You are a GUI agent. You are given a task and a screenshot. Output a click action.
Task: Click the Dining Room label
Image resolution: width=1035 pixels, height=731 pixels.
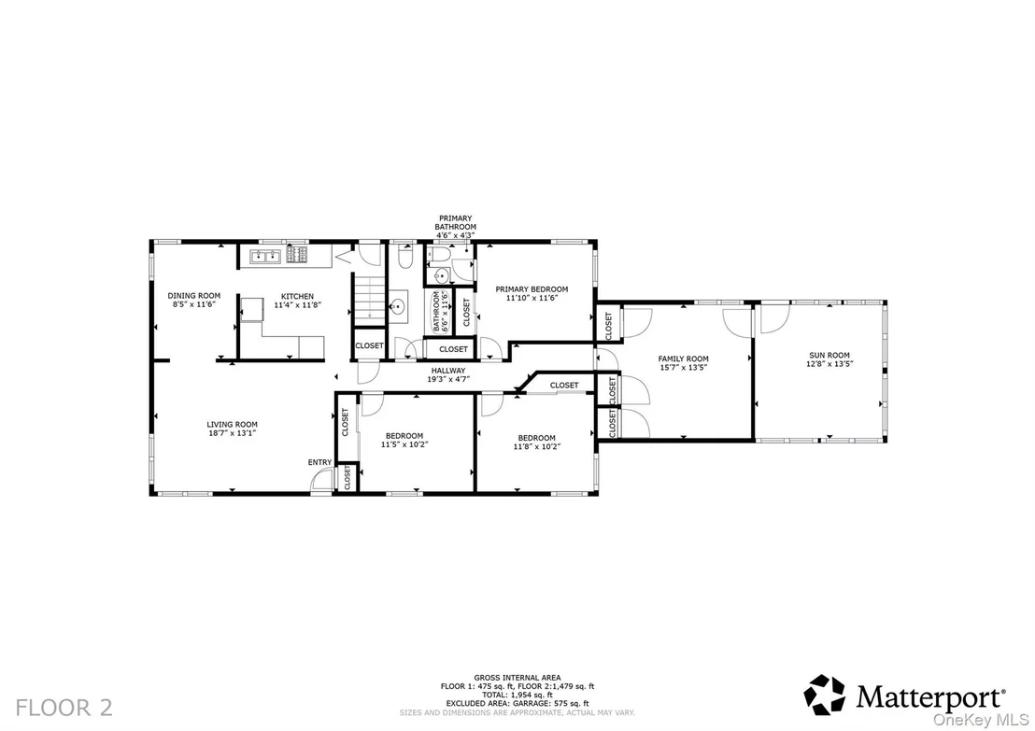point(194,296)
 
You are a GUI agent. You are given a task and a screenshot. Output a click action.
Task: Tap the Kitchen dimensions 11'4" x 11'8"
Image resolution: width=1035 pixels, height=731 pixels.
point(298,305)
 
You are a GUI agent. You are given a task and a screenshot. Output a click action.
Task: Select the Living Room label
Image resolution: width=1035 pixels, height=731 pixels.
point(233,425)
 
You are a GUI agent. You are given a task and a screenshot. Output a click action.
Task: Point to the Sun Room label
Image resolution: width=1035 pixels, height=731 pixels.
point(829,355)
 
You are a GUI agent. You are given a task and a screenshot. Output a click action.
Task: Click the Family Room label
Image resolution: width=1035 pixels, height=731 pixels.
point(683,358)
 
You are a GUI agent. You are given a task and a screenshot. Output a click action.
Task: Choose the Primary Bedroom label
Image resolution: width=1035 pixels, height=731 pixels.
point(532,289)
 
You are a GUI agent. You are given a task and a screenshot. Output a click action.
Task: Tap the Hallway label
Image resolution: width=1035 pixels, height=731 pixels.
point(448,371)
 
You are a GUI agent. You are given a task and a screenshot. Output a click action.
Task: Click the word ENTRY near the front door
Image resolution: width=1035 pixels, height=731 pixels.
point(320,462)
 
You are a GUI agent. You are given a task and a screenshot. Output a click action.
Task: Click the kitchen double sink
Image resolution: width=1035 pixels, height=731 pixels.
point(265,256)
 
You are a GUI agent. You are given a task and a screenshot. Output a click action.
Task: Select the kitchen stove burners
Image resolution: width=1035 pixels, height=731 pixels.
point(296,255)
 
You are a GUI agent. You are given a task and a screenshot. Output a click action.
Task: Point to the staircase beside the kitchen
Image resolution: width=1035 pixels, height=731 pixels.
point(370,301)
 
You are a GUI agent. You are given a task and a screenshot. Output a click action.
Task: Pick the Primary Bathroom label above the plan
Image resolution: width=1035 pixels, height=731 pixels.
point(456,222)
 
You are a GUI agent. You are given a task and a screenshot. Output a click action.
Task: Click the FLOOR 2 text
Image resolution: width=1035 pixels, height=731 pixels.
point(64,708)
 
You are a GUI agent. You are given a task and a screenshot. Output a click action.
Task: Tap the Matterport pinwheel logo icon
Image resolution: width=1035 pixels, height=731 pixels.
point(825,695)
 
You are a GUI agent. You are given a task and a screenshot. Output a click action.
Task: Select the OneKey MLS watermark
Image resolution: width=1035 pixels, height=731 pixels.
point(981,721)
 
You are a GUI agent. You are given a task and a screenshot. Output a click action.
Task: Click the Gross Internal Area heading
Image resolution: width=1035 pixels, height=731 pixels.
point(517,678)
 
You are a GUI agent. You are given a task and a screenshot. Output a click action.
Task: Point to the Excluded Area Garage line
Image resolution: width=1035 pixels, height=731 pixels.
point(517,704)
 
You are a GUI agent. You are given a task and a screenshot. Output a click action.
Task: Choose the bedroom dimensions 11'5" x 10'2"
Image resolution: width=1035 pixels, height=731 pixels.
point(404,444)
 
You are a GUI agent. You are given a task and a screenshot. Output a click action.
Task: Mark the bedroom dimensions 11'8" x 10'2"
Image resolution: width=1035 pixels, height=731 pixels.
point(536,446)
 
